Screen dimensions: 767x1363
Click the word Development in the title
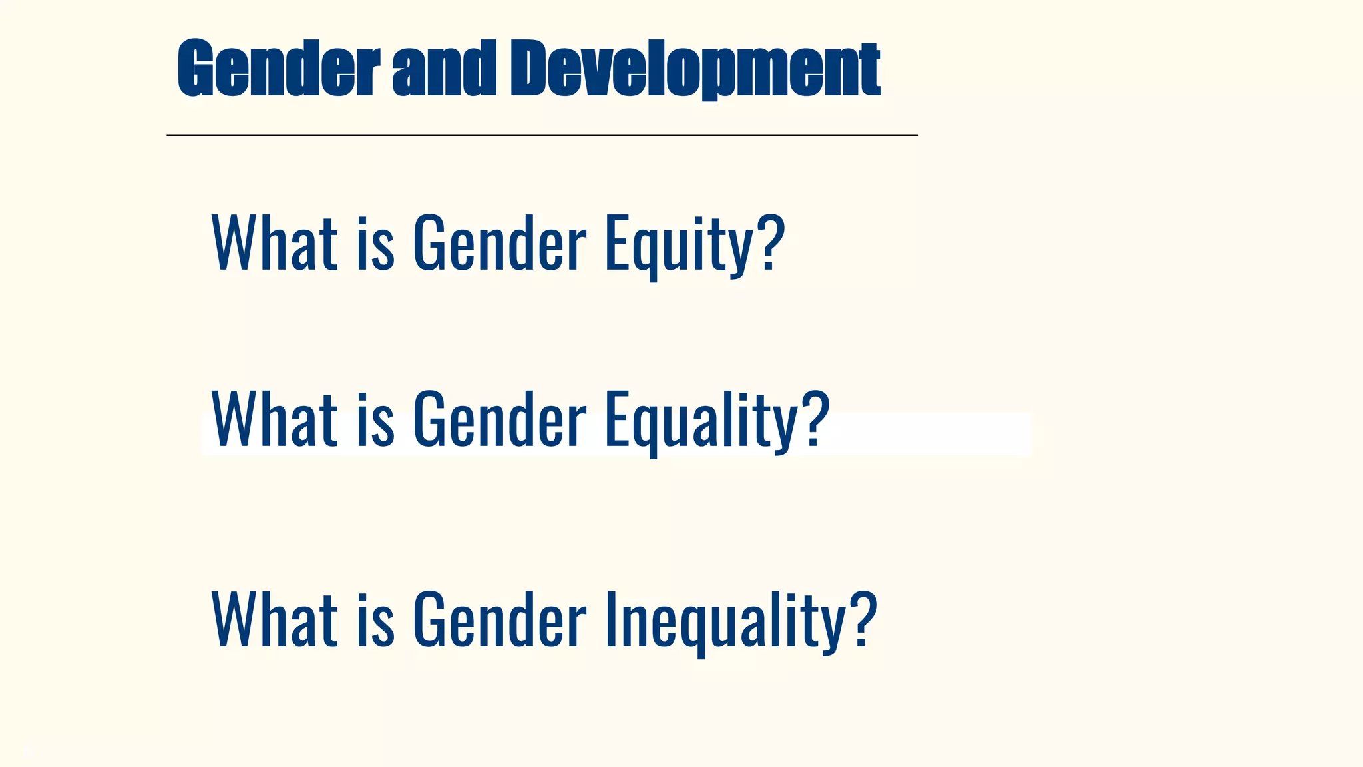coord(695,68)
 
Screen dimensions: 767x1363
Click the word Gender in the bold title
coord(278,68)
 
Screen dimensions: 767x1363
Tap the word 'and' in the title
coord(444,68)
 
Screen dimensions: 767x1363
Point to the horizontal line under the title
coord(542,136)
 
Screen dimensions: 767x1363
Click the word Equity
coord(679,244)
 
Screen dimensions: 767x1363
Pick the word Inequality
coord(725,620)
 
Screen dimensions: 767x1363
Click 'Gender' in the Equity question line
coord(499,244)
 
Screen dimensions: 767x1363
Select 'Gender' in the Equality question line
coord(499,420)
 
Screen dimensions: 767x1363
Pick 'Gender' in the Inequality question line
coord(499,620)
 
